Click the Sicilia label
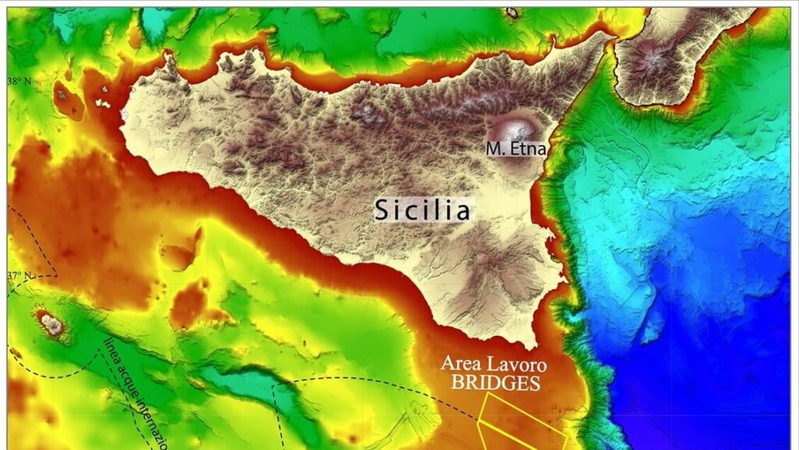pyautogui.click(x=422, y=209)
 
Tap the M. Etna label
pyautogui.click(x=516, y=148)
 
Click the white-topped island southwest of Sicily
pyautogui.click(x=52, y=324)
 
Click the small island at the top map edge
pyautogui.click(x=512, y=12)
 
